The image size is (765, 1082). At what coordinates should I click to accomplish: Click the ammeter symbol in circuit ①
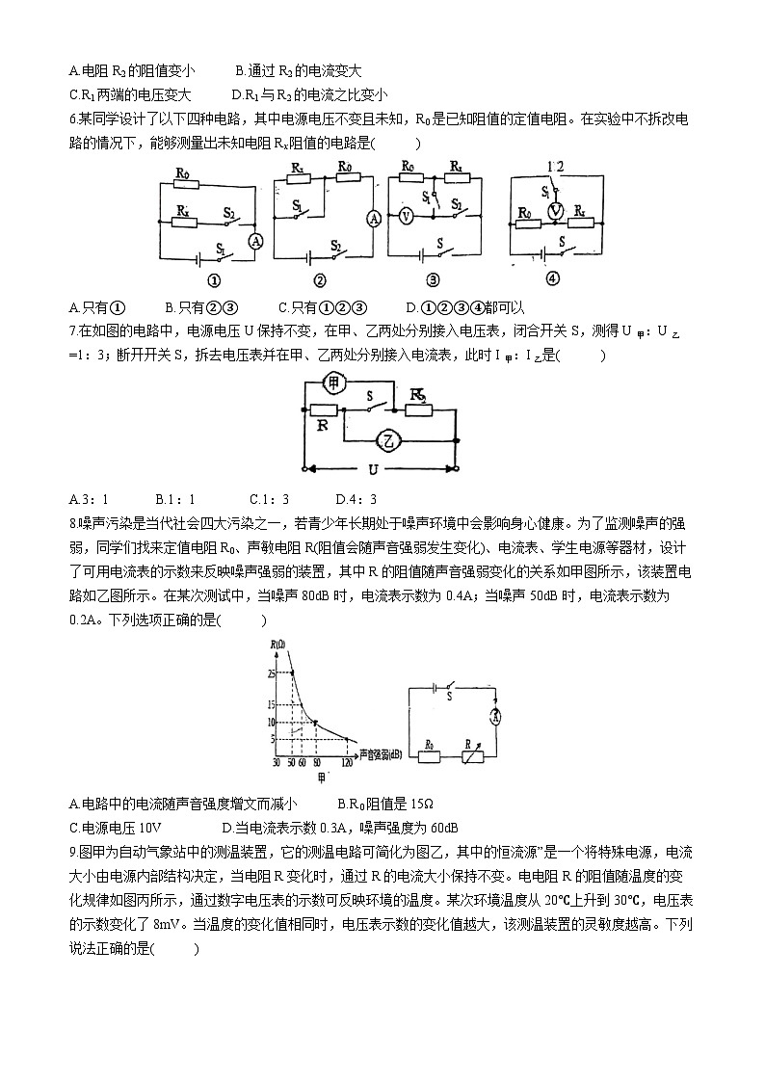(x=255, y=242)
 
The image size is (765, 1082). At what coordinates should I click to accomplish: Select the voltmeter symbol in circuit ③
(x=406, y=217)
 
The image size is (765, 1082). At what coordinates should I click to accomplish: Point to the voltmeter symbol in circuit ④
(x=554, y=210)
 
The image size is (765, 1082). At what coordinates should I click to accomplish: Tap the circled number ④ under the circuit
(x=551, y=280)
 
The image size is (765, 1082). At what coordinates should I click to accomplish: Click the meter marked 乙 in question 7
(x=388, y=440)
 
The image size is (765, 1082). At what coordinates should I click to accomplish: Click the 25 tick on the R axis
(x=274, y=672)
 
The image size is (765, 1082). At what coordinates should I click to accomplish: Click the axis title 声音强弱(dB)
(x=383, y=752)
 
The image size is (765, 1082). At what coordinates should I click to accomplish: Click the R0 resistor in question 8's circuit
(x=429, y=756)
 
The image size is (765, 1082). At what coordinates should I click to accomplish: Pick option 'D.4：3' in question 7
(x=356, y=499)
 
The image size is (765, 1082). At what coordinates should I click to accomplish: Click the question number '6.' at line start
(x=74, y=119)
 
